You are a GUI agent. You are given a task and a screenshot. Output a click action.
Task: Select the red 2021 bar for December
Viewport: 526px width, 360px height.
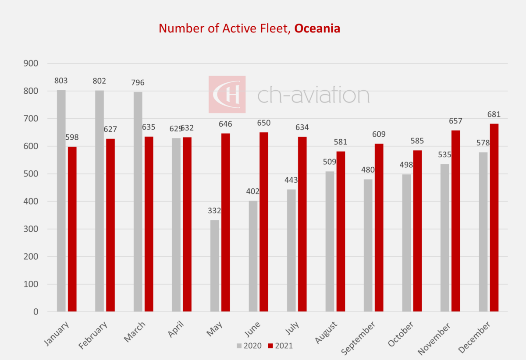tap(494, 218)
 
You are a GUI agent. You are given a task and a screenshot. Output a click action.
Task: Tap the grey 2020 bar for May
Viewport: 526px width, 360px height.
tap(214, 266)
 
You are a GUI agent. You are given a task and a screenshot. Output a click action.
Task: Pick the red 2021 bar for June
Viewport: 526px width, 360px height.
tap(264, 222)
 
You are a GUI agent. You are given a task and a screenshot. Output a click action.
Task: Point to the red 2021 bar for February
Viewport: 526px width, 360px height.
tap(110, 225)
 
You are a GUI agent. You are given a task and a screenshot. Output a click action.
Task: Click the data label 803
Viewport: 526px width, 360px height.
tap(61, 81)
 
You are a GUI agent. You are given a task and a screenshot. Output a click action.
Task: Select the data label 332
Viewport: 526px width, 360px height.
tap(214, 211)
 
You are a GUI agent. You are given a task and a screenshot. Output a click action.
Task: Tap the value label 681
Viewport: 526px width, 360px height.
tap(494, 115)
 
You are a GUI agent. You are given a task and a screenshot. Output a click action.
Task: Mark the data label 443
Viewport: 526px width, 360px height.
tap(291, 180)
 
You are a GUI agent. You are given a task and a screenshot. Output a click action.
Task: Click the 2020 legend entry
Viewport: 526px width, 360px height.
tap(249, 346)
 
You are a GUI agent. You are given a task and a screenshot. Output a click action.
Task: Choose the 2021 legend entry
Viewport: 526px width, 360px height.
tap(280, 346)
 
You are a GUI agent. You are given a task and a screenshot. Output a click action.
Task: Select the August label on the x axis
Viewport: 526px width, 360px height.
tap(326, 333)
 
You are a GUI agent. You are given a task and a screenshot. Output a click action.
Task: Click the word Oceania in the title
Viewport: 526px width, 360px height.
tap(317, 28)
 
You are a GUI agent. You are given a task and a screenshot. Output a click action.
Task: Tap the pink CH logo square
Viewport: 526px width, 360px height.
tap(227, 94)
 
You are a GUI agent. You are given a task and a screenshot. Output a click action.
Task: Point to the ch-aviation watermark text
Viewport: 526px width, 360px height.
tap(313, 95)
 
